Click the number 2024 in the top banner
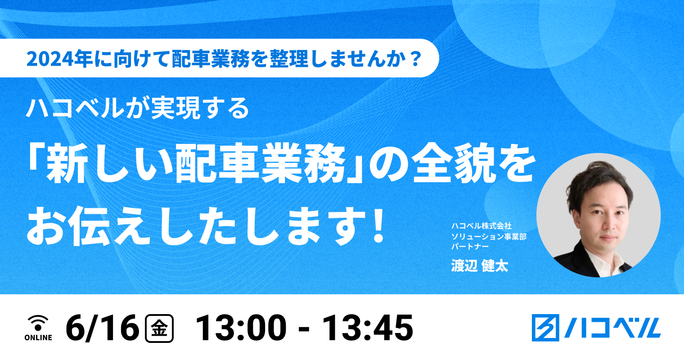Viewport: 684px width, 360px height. pyautogui.click(x=50, y=59)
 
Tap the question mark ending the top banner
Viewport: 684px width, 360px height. pyautogui.click(x=415, y=59)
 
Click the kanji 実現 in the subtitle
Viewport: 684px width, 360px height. pyautogui.click(x=175, y=108)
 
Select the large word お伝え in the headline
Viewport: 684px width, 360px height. pyautogui.click(x=89, y=226)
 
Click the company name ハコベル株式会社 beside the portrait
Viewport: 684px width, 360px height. pyautogui.click(x=481, y=226)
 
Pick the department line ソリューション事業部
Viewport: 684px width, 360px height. pyautogui.click(x=489, y=236)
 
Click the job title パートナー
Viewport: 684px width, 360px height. pyautogui.click(x=470, y=247)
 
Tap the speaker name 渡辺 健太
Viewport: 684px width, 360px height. pyautogui.click(x=479, y=265)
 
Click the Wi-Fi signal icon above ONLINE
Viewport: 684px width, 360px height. pyautogui.click(x=38, y=323)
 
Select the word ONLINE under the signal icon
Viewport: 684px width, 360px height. pyautogui.click(x=38, y=337)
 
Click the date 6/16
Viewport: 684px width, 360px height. pyautogui.click(x=102, y=328)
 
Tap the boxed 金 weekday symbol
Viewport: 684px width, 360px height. pyautogui.click(x=159, y=328)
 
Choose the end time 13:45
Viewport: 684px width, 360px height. pyautogui.click(x=368, y=328)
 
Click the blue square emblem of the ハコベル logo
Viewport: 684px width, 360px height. pyautogui.click(x=545, y=328)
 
